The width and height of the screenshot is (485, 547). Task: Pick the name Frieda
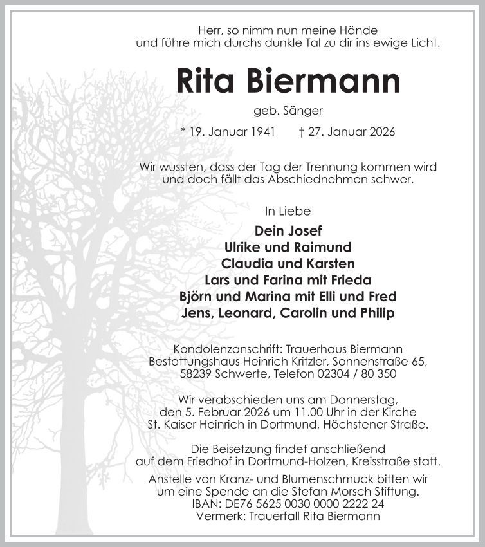point(351,281)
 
